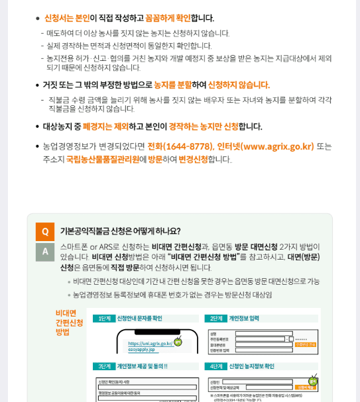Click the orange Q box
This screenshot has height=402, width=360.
click(45, 232)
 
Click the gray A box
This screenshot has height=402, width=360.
click(45, 252)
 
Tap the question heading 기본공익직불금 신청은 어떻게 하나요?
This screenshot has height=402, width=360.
click(120, 231)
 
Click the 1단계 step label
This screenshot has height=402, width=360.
click(104, 319)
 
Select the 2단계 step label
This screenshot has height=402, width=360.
click(216, 319)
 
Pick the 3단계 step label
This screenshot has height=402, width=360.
click(104, 366)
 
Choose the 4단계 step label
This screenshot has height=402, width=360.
click(216, 366)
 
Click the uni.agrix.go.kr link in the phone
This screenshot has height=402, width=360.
click(150, 344)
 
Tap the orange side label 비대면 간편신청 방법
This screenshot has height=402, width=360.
click(69, 322)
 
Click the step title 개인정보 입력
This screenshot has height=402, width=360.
click(246, 319)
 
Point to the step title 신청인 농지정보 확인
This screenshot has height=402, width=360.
click(251, 366)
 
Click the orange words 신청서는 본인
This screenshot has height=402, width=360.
click(66, 18)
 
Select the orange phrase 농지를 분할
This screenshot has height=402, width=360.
click(172, 85)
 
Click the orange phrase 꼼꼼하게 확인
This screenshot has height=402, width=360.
click(168, 18)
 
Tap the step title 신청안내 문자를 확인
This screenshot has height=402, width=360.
click(139, 319)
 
